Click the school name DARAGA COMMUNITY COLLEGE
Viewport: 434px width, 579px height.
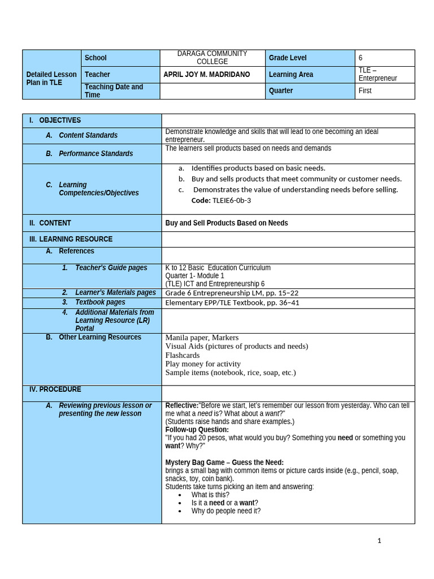[x=212, y=58]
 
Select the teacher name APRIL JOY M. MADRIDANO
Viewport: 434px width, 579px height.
[x=206, y=75]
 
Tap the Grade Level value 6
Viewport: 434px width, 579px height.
[x=361, y=58]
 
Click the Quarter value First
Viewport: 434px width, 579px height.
[x=365, y=90]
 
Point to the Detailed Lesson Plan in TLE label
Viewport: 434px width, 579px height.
[x=51, y=79]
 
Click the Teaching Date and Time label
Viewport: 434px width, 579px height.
[x=114, y=91]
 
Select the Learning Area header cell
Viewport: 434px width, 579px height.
[x=292, y=75]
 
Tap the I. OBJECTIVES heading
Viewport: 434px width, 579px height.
[x=55, y=120]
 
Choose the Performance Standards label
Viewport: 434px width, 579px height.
[x=96, y=154]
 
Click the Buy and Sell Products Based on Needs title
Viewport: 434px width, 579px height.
[x=226, y=223]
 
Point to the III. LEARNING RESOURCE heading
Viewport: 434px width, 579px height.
[x=71, y=239]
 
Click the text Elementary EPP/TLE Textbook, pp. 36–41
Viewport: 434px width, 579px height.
[x=232, y=303]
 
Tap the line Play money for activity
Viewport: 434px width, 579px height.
[x=203, y=364]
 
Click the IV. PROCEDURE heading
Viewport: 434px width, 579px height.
[x=55, y=390]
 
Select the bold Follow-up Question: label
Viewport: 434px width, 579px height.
[x=197, y=430]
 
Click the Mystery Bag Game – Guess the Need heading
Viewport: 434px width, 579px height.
[x=224, y=463]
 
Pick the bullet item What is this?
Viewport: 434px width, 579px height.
[x=211, y=495]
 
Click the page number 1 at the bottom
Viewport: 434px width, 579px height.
[x=379, y=541]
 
